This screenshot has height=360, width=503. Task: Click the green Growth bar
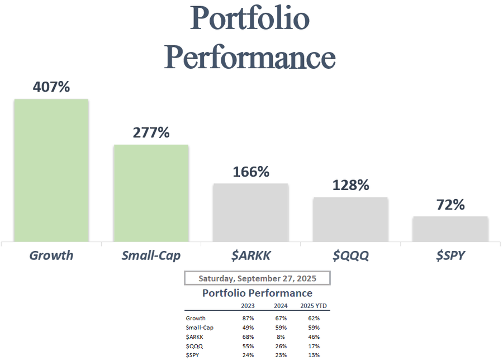tap(51, 170)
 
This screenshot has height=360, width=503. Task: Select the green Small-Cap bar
tap(151, 193)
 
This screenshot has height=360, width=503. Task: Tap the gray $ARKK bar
tap(250, 212)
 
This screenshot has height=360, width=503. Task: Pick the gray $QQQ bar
tap(350, 219)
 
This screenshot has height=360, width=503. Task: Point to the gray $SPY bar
tap(450, 229)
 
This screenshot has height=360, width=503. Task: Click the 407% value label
tap(51, 87)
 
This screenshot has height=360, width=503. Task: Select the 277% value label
tap(151, 133)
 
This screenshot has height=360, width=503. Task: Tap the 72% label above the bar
tap(450, 205)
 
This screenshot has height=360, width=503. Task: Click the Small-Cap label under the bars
tap(151, 255)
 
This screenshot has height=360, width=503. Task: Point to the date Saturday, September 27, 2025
tap(257, 278)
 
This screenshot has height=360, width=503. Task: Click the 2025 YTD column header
tap(314, 306)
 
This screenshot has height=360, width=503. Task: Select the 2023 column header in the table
tap(248, 306)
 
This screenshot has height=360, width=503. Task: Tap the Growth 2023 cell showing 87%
tap(248, 318)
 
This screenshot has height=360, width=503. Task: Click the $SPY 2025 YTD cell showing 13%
tap(314, 355)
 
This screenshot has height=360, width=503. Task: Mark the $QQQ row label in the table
tap(194, 346)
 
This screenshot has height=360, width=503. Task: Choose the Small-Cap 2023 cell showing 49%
tap(248, 328)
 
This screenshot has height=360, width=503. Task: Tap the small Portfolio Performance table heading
tap(257, 293)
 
